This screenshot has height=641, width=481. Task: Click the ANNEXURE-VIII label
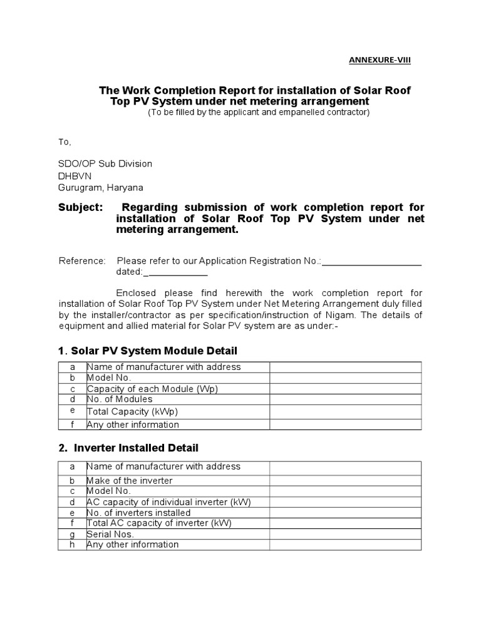pyautogui.click(x=381, y=60)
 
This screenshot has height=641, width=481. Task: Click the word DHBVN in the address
pyautogui.click(x=75, y=176)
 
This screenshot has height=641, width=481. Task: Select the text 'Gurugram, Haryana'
pyautogui.click(x=101, y=188)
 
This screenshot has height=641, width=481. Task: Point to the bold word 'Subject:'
pyautogui.click(x=80, y=207)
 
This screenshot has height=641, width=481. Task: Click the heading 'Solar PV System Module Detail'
pyautogui.click(x=154, y=351)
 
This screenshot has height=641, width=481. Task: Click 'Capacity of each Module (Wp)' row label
pyautogui.click(x=152, y=389)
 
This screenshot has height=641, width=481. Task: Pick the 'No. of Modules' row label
pyautogui.click(x=120, y=399)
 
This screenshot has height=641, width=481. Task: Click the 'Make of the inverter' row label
pyautogui.click(x=130, y=481)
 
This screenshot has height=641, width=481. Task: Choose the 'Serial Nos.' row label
pyautogui.click(x=110, y=535)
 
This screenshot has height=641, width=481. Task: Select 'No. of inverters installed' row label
pyautogui.click(x=138, y=513)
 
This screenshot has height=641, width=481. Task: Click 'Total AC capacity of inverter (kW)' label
pyautogui.click(x=155, y=523)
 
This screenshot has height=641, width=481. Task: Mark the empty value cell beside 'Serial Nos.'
pyautogui.click(x=346, y=535)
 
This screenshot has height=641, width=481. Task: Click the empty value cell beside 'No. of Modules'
pyautogui.click(x=346, y=399)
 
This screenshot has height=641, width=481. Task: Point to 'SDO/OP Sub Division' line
pyautogui.click(x=105, y=163)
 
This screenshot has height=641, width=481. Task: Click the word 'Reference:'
pyautogui.click(x=82, y=260)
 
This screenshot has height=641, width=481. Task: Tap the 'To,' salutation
pyautogui.click(x=65, y=141)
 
